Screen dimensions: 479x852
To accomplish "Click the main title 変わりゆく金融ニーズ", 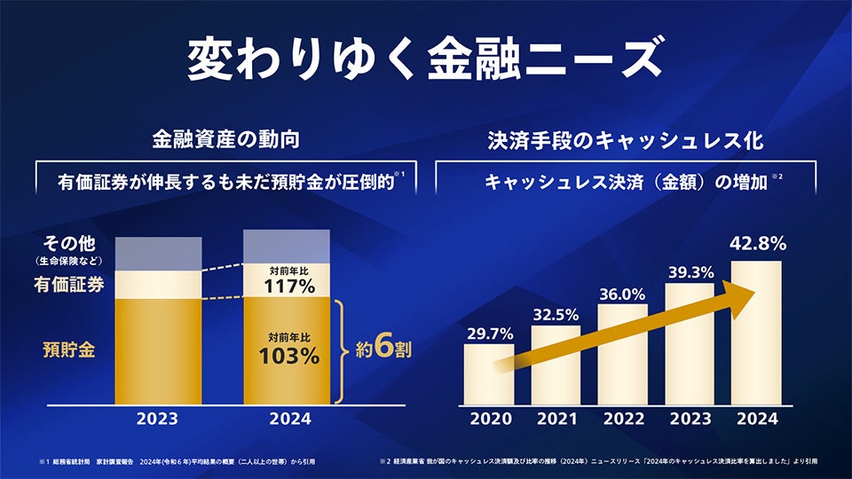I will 425,60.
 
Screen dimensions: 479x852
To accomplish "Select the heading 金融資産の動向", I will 224,139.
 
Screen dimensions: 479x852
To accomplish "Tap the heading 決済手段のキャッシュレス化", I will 626,139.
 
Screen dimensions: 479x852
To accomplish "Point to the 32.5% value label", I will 556,314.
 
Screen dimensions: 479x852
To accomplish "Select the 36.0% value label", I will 622,294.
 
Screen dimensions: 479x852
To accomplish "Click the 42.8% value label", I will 756,243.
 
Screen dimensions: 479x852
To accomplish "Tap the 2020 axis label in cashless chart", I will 489,419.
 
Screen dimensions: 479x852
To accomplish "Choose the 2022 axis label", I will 622,419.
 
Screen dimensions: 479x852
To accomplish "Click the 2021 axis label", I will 556,419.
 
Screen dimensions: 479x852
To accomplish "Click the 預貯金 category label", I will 69,349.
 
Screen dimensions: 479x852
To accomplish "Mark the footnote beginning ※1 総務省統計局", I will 177,461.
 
